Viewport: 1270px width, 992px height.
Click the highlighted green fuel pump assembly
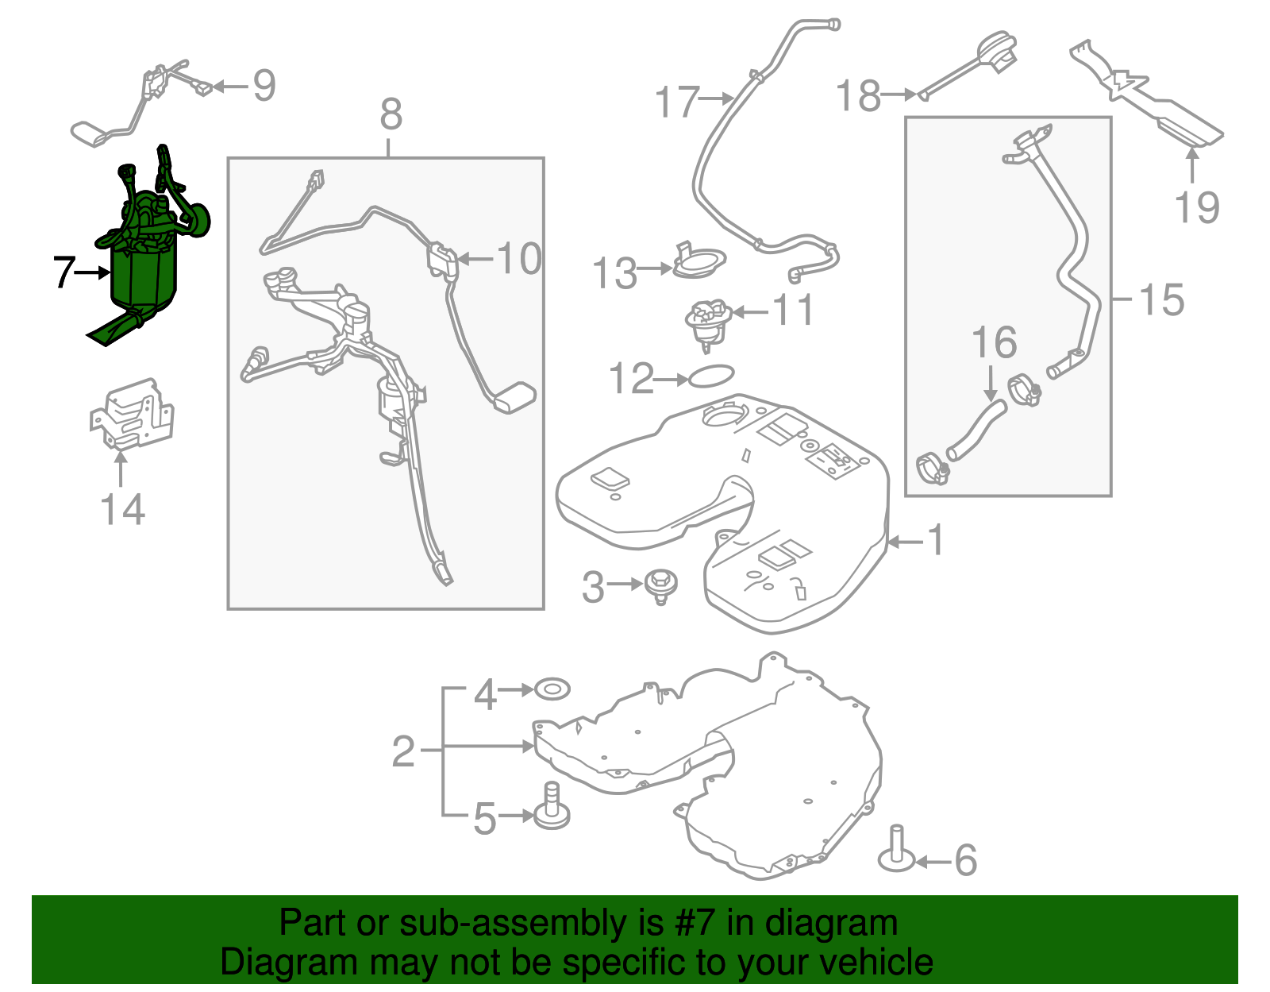point(144,270)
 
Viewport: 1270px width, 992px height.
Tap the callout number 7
point(63,272)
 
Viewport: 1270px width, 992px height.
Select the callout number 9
point(264,86)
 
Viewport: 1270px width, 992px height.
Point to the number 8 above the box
point(391,115)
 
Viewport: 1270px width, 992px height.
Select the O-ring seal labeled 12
point(710,376)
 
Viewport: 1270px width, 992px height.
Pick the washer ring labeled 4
point(552,689)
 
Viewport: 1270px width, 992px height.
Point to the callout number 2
point(403,751)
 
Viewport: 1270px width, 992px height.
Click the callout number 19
point(1197,208)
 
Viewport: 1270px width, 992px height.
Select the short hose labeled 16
point(978,429)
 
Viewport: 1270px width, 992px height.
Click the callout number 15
point(1161,300)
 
